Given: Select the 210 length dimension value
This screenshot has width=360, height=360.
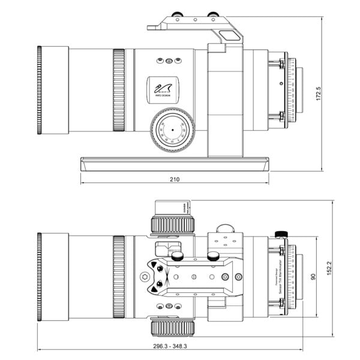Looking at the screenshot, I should pos(175,179).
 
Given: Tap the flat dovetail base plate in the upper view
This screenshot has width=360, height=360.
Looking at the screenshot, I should pos(175,163).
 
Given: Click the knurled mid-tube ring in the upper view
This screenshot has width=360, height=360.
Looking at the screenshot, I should pos(118,91).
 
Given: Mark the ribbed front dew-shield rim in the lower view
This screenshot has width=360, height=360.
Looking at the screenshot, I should pos(40,277).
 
